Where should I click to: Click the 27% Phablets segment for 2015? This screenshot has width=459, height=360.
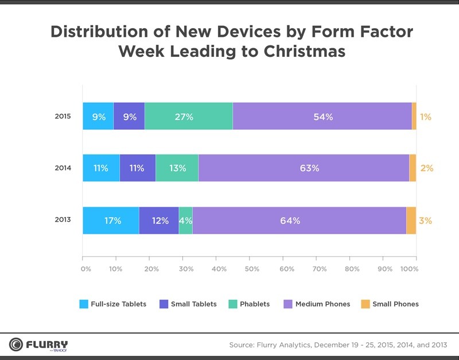[x=189, y=116]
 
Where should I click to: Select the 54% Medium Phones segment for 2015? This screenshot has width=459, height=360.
[x=322, y=116]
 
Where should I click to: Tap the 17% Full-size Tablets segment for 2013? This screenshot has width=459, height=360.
[x=111, y=220]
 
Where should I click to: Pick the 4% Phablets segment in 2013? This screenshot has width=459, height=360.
[x=185, y=220]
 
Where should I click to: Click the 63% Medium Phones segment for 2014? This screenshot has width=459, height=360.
[x=304, y=168]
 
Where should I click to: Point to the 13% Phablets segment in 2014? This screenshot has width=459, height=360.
[x=177, y=168]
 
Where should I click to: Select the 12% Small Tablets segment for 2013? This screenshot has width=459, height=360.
[x=159, y=220]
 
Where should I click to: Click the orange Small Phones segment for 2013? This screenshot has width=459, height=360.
[x=411, y=220]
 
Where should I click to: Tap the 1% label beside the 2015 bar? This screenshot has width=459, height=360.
[x=426, y=117]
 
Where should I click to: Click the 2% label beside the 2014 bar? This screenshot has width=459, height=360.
[x=427, y=168]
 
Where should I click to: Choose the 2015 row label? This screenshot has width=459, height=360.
[x=63, y=117]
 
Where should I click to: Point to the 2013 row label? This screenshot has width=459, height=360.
[x=63, y=219]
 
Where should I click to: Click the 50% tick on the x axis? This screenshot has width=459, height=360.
[x=250, y=258]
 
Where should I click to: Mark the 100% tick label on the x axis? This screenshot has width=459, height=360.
[x=409, y=269]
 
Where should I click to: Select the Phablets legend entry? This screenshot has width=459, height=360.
[x=249, y=304]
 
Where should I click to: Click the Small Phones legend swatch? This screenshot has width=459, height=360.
[x=365, y=304]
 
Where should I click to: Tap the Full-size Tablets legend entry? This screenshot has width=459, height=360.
[x=113, y=304]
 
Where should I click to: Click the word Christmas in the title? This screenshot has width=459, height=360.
[x=305, y=51]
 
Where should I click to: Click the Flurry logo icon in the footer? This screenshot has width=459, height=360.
[x=16, y=344]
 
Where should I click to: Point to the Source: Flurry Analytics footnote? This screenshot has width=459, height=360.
[x=338, y=344]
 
